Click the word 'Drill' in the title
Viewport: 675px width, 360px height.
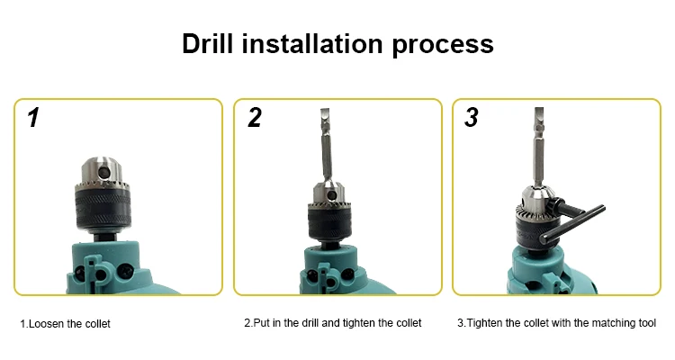tap(207, 43)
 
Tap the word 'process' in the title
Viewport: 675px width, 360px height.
tap(443, 46)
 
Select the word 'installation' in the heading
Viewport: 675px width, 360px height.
tap(312, 43)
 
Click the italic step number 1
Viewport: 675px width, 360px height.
tap(33, 118)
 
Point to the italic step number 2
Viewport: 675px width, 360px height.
tap(255, 118)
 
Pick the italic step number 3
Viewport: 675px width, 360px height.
tap(472, 118)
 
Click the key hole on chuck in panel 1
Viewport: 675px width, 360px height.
tap(104, 172)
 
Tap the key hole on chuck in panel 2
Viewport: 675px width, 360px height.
tap(331, 195)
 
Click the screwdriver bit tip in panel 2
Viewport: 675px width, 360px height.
tap(325, 111)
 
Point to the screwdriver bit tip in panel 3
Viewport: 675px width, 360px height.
tap(538, 111)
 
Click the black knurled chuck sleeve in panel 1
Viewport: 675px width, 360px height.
tap(103, 210)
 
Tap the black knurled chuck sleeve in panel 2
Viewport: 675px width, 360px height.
tap(329, 222)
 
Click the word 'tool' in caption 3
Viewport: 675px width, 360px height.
tap(647, 323)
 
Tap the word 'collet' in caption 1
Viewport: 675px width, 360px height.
tap(98, 324)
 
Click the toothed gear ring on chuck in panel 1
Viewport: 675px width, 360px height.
tap(103, 187)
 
